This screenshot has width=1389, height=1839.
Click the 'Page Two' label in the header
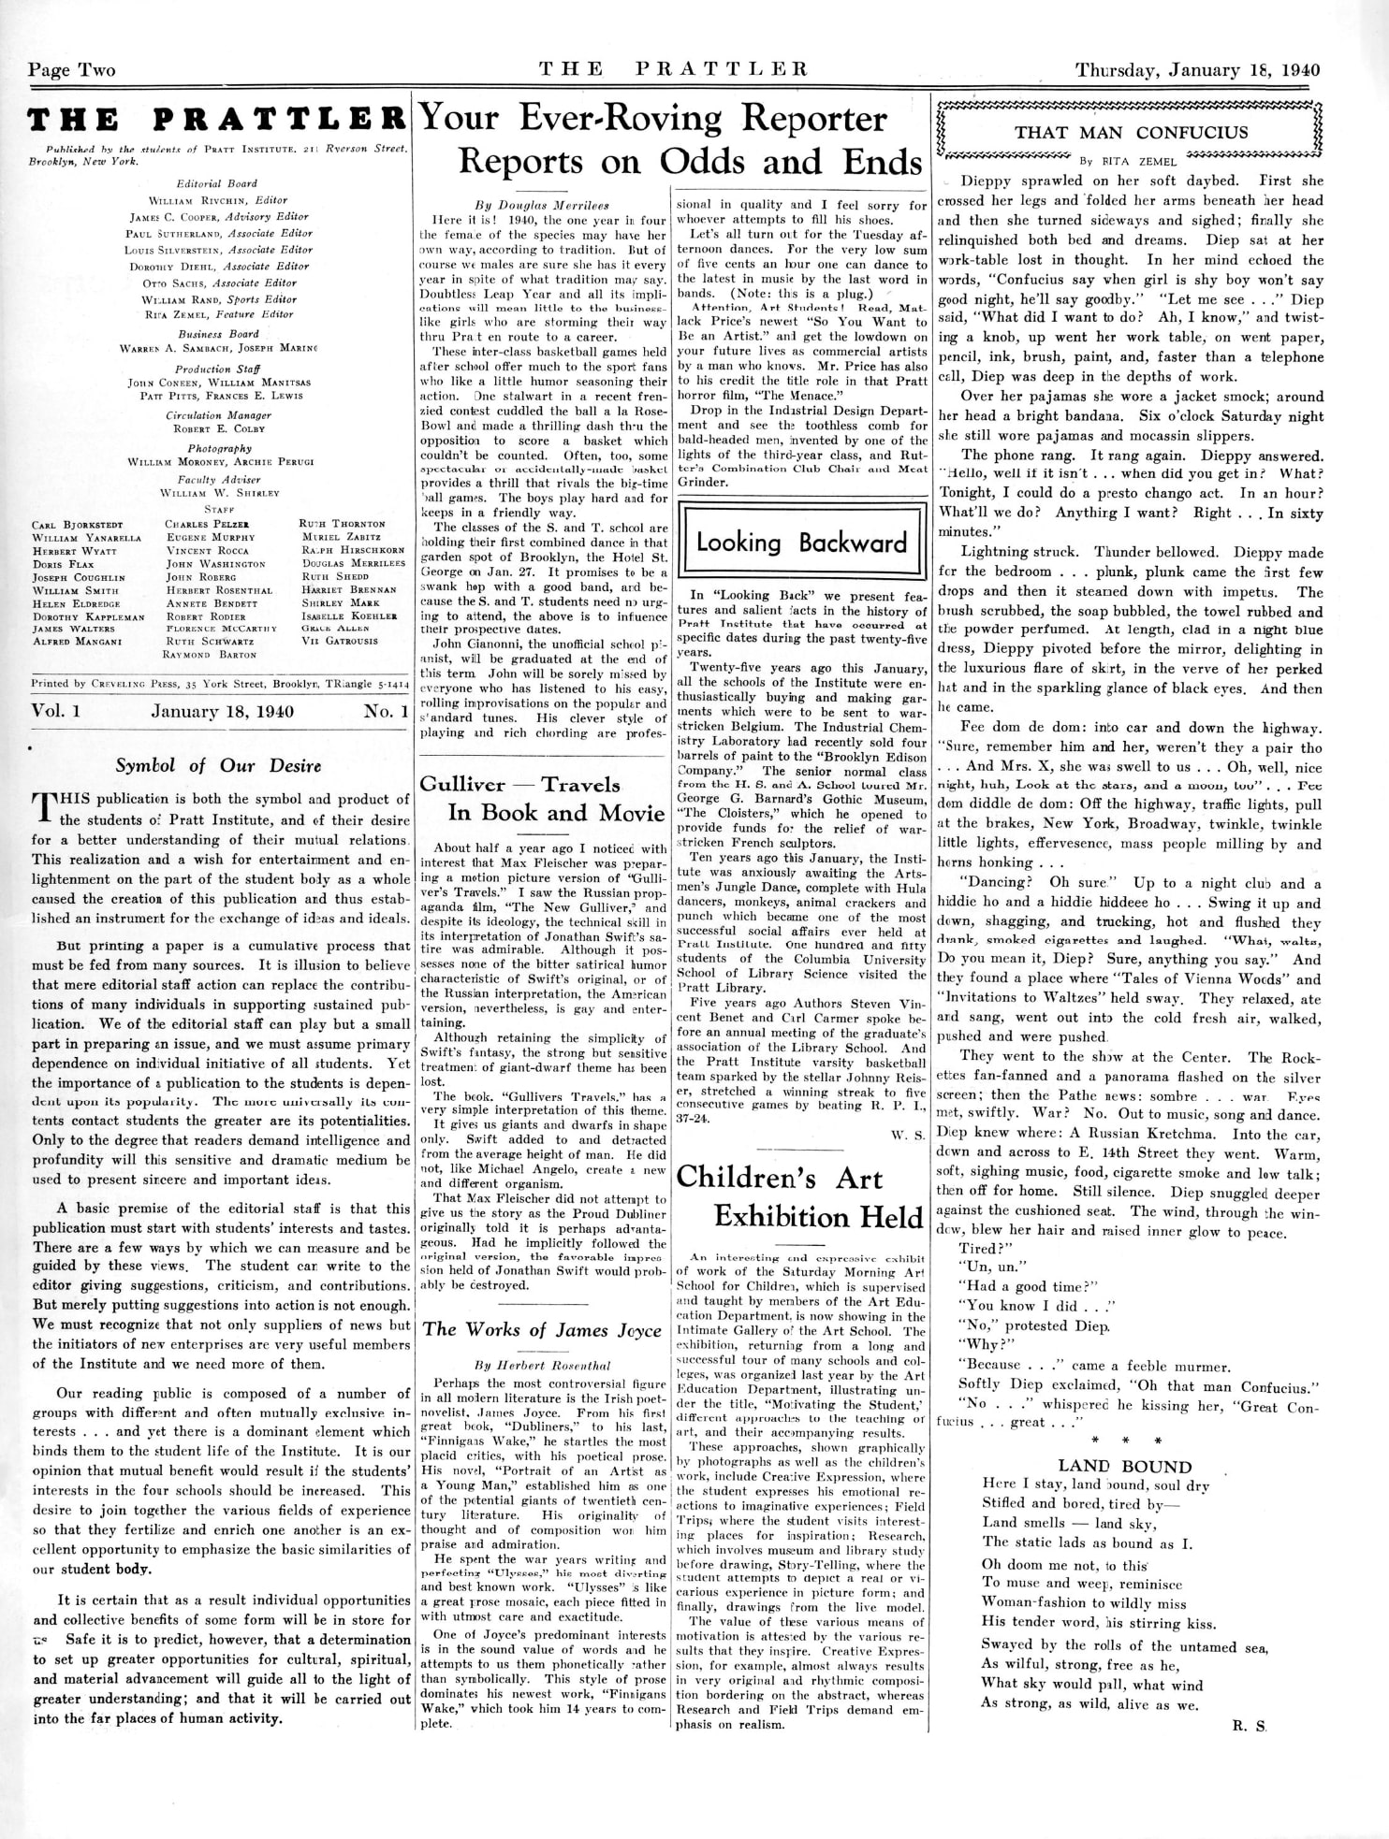(x=72, y=70)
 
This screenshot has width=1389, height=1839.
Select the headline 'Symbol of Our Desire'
(x=218, y=765)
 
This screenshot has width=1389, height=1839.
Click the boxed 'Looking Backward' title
(x=801, y=543)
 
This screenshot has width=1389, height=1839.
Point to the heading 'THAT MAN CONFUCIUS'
(x=1132, y=132)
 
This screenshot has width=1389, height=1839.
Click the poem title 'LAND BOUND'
(x=1124, y=1466)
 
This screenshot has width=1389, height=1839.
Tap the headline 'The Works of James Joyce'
(x=542, y=1330)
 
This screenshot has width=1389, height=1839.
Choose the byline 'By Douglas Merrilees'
(x=542, y=205)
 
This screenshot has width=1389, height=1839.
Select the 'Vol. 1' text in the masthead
(x=56, y=711)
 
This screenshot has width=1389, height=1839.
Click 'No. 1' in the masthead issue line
(x=386, y=711)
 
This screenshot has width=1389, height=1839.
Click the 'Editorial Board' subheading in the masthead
(x=216, y=183)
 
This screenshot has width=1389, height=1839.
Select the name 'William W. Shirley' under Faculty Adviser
(x=219, y=492)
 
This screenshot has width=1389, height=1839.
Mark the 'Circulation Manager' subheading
(x=218, y=415)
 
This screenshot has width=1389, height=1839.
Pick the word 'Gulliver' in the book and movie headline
(x=462, y=784)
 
